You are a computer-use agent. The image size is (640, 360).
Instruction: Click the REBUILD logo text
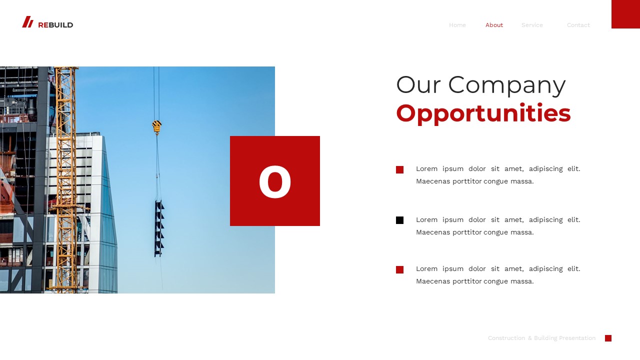(x=55, y=25)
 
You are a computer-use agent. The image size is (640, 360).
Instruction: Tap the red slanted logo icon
(x=27, y=22)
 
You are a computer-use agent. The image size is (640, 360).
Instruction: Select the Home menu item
(x=457, y=25)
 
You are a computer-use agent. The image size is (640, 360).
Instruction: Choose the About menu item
(x=494, y=25)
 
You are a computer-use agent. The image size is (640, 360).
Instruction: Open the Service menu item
(x=532, y=25)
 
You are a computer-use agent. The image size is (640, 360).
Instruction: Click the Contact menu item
(x=578, y=25)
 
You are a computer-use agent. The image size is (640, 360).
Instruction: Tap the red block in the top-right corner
(x=625, y=14)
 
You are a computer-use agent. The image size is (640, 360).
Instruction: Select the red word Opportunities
(x=483, y=113)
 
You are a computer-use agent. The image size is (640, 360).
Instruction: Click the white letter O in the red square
(x=275, y=182)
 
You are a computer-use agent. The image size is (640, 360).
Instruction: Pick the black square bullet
(x=399, y=220)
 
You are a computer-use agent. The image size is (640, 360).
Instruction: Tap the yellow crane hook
(x=157, y=127)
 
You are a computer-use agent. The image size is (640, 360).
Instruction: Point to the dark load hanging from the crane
(x=159, y=228)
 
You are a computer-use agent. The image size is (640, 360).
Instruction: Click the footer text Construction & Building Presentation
(x=541, y=338)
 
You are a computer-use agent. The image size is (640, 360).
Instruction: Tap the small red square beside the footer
(x=608, y=338)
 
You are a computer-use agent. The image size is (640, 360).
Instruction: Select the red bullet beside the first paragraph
(x=399, y=169)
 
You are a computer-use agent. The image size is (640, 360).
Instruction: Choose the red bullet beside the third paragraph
(x=399, y=269)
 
